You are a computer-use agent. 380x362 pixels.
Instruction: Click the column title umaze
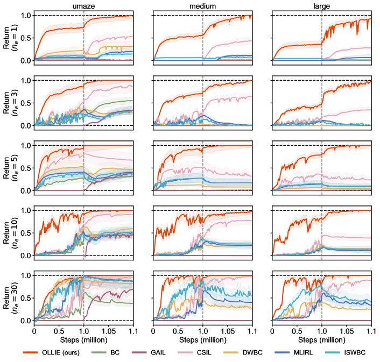[x=83, y=5]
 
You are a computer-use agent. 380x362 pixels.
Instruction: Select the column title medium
[x=202, y=5]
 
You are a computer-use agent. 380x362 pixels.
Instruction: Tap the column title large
[x=321, y=5]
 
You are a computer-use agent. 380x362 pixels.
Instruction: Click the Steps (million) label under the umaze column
[x=83, y=339]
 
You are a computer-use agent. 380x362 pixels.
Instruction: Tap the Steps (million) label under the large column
[x=321, y=339]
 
